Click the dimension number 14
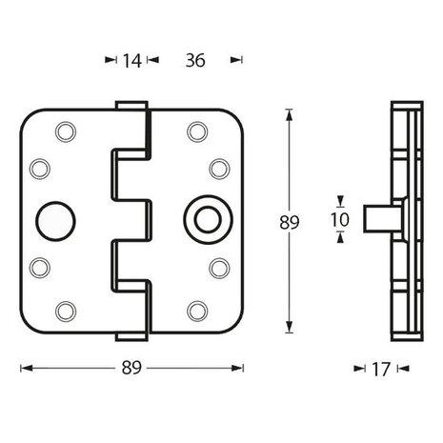pos(131,61)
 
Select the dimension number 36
pos(196,61)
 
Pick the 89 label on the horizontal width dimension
pos(131,368)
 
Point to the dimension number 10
pos(340,219)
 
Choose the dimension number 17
pos(381,368)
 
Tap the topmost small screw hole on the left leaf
pos(65,131)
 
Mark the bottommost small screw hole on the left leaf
pos(65,310)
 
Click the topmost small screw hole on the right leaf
pos(197,131)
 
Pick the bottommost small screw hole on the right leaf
pos(197,310)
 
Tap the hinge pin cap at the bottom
pos(131,337)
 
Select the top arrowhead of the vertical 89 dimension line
pos(290,113)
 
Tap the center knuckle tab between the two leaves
pos(133,220)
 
